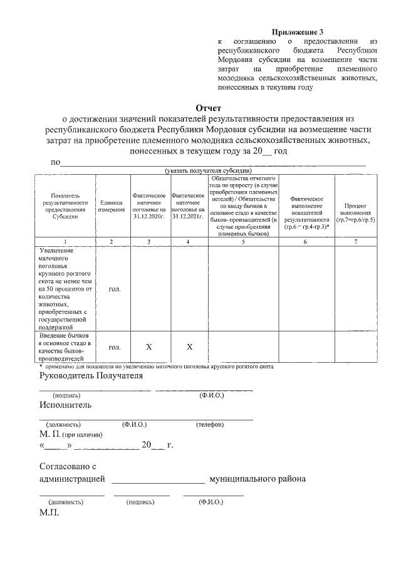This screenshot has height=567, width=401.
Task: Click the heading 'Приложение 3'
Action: [298, 31]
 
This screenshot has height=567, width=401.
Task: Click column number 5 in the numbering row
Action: [243, 241]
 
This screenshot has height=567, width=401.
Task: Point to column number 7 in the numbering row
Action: [355, 241]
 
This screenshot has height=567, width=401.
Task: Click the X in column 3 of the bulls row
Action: [149, 347]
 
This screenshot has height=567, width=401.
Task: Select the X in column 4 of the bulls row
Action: [189, 347]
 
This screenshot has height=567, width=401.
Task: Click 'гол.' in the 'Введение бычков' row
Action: [114, 347]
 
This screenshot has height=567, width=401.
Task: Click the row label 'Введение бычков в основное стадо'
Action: [65, 347]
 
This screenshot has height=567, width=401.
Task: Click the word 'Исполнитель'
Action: [65, 405]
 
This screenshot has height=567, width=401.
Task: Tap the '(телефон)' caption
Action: [209, 424]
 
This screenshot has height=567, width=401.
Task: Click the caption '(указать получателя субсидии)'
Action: [209, 170]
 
